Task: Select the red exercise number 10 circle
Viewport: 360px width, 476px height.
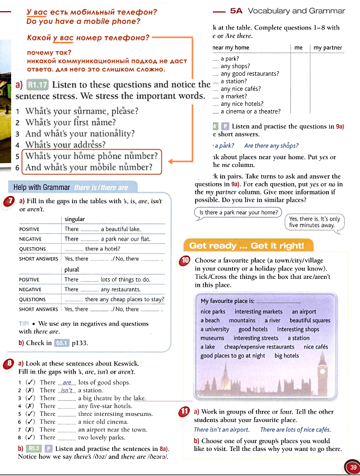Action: click(186, 261)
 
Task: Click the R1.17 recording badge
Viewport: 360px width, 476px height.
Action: click(38, 85)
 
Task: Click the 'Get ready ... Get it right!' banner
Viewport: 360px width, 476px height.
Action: click(247, 246)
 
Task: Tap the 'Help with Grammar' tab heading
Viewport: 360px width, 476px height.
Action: click(41, 188)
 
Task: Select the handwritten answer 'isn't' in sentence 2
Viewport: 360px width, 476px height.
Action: click(67, 390)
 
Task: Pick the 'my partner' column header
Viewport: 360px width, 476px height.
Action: click(328, 48)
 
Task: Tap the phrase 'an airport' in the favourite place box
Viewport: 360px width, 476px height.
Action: click(304, 312)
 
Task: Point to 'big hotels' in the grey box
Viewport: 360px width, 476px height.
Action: click(286, 355)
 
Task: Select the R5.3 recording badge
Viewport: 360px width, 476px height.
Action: click(34, 448)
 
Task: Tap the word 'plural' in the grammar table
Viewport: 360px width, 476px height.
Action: click(72, 269)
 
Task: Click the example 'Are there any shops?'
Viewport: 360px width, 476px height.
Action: click(271, 146)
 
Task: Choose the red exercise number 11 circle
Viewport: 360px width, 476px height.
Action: click(186, 412)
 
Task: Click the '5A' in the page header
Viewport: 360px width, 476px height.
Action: click(236, 11)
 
